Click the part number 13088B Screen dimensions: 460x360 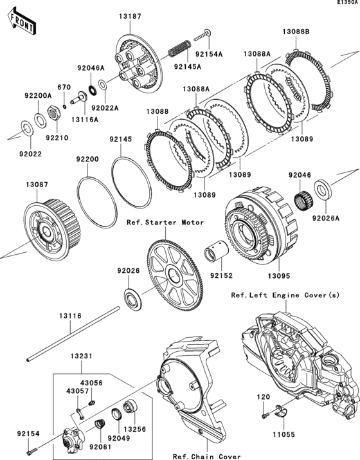click(296, 31)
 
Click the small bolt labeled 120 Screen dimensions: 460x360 click(264, 416)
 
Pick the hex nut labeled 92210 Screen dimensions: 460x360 click(54, 116)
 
